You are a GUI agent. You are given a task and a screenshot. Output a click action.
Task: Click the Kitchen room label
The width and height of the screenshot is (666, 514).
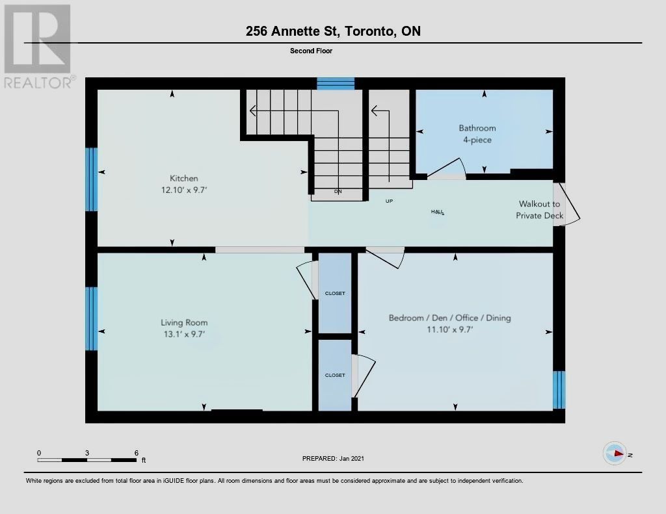coord(184,178)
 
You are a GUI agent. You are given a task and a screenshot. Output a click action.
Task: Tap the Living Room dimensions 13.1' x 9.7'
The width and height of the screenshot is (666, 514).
coord(184,334)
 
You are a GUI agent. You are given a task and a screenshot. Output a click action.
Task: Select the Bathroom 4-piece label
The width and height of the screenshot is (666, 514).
coord(477,134)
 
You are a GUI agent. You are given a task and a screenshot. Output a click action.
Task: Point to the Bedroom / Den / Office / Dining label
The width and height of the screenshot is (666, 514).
coord(450,318)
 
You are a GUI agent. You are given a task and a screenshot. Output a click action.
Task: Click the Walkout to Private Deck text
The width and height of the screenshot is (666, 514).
coord(539,210)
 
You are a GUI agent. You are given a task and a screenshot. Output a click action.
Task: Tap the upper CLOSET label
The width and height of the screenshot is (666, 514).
coord(335,293)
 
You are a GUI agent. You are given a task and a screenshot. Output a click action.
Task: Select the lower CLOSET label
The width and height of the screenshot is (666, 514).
coord(335,375)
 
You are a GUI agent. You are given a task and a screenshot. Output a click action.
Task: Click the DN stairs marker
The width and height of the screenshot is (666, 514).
coord(338,192)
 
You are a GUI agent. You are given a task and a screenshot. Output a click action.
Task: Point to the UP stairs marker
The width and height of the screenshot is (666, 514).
coord(389,201)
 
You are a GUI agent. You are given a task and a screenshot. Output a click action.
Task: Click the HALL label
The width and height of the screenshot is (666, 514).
coord(438,212)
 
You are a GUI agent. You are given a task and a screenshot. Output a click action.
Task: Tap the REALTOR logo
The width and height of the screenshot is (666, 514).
coord(37,47)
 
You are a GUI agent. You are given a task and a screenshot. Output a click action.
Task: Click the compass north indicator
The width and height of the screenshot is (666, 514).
coord(615,454)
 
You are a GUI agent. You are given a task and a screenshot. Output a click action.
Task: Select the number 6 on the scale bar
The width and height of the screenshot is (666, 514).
coord(137,453)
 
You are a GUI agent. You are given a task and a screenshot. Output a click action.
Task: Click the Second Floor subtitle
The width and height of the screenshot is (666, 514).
coord(311,51)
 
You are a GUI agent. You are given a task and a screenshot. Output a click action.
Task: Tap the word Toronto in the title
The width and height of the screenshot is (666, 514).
coord(369,31)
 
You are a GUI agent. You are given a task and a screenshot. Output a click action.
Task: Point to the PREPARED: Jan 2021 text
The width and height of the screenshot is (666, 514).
coord(333,458)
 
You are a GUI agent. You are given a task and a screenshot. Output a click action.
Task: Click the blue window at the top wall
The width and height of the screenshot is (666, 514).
coord(336,84)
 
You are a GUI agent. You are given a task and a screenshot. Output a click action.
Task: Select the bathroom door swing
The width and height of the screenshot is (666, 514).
coord(446,168)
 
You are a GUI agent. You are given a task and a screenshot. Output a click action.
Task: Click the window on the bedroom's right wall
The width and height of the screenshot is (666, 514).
coord(559,390)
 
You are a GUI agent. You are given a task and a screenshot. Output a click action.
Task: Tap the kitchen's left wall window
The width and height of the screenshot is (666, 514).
coord(91,179)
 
